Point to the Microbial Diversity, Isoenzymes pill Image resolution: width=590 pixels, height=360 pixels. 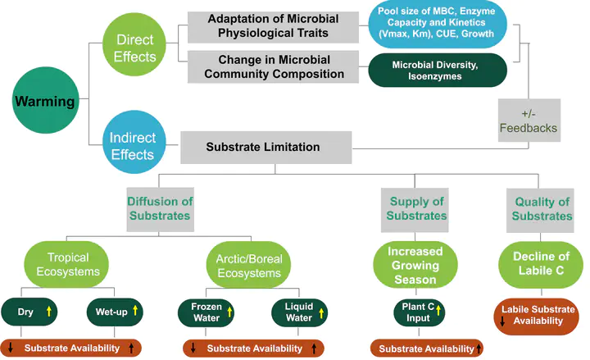point(437,71)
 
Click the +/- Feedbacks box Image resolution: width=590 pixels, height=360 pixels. point(529,121)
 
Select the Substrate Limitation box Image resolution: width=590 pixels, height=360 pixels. point(262,148)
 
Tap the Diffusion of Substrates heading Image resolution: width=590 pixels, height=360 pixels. point(161,208)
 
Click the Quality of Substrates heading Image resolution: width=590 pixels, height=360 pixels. point(542,208)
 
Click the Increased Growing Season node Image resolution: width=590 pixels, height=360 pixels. point(415,264)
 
